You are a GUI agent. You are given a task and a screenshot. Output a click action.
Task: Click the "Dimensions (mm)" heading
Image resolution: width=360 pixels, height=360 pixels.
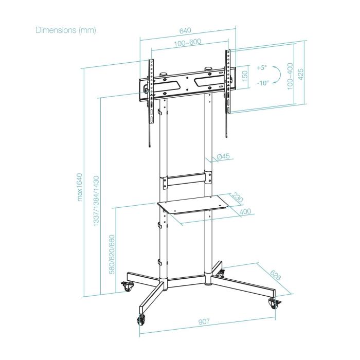[x=66, y=30]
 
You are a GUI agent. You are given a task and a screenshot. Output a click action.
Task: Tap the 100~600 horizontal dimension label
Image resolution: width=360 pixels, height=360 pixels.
[x=187, y=43]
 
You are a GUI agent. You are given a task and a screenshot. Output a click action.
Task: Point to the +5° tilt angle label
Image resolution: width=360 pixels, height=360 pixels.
[x=262, y=67]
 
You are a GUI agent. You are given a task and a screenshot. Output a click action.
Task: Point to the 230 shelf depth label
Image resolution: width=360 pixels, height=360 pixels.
[x=238, y=198]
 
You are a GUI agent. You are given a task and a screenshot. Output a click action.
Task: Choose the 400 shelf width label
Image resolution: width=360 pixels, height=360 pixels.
[x=245, y=211]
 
